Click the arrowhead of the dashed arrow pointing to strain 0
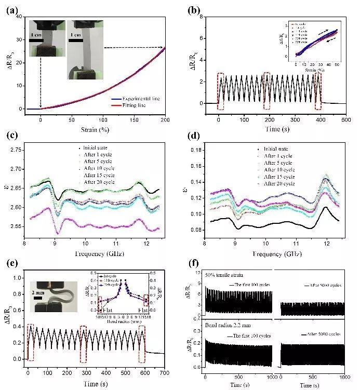(x=41, y=106)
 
